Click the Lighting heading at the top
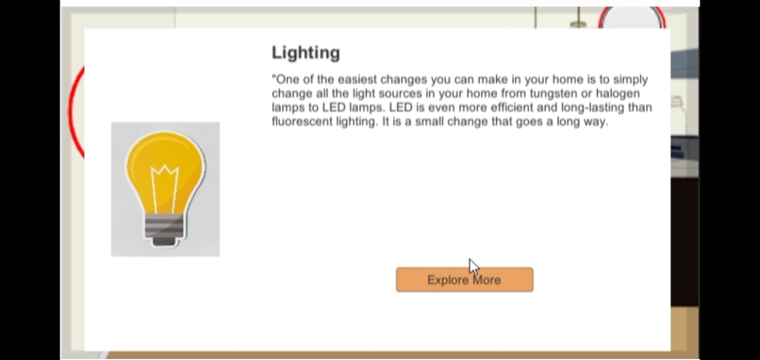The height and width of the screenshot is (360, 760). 306,53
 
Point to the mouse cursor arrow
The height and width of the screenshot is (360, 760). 473,267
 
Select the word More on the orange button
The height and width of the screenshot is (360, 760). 487,280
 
